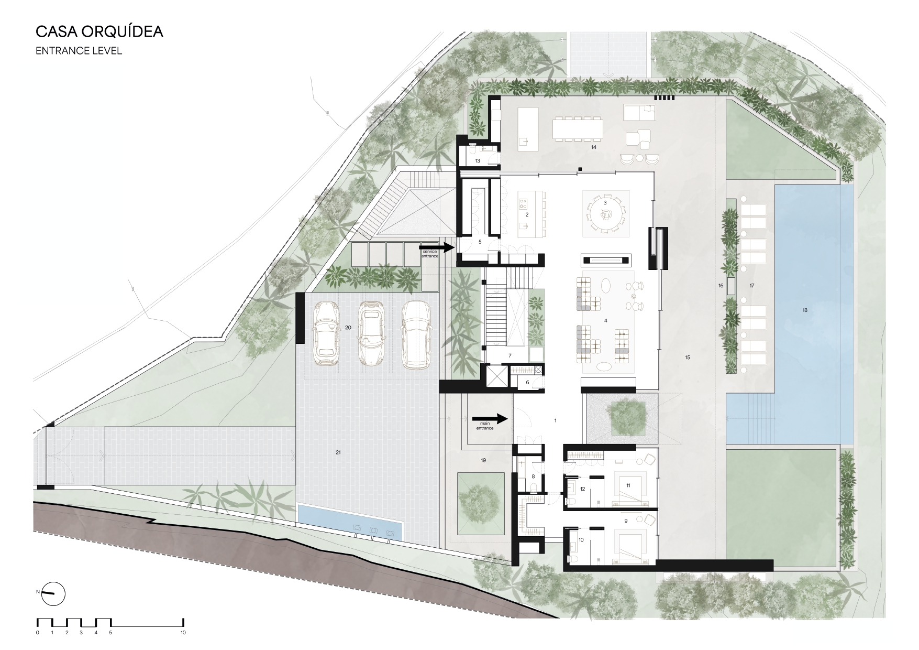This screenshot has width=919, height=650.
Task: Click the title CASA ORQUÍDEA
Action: (99, 31)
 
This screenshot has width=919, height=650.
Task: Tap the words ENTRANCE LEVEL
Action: (79, 51)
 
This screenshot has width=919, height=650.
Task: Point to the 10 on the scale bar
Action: (183, 633)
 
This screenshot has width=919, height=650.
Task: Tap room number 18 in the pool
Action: (804, 310)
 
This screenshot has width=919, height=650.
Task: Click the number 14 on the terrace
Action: (594, 147)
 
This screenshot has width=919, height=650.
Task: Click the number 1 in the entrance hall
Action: (555, 420)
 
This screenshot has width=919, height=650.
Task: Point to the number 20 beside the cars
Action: (348, 327)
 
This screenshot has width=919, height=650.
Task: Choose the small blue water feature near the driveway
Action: (350, 522)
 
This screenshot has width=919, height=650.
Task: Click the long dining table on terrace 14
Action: (578, 129)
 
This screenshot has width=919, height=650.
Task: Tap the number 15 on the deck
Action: (688, 357)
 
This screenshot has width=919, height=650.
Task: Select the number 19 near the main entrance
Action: (483, 460)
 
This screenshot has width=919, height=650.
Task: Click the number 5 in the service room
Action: (480, 242)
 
